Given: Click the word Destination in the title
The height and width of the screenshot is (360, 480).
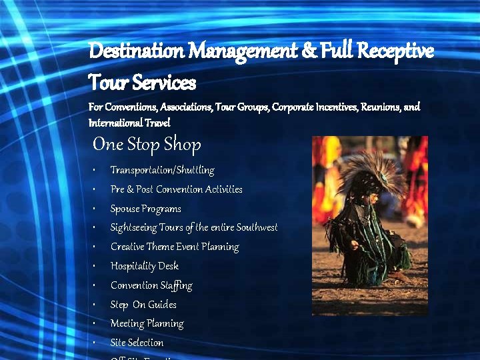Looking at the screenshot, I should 136,51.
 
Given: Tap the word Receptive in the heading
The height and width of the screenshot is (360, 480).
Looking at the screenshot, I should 395,51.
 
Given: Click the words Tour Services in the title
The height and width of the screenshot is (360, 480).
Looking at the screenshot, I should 142,83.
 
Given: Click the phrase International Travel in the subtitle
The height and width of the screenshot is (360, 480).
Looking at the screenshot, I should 129,123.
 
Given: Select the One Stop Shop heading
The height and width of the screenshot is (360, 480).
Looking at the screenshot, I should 147,144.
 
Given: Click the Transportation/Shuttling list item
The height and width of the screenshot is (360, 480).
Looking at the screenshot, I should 162,170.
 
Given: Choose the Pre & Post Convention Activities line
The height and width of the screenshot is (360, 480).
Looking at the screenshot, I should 176,189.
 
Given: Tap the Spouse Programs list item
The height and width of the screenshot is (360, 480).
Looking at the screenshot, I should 145,209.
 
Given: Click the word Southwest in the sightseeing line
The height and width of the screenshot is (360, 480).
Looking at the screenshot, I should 253,227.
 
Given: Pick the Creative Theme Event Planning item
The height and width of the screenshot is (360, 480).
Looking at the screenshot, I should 174,247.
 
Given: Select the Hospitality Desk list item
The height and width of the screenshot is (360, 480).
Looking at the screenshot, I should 144,266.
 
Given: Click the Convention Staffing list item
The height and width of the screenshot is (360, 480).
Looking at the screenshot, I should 151,285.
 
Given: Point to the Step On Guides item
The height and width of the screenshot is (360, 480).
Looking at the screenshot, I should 143,305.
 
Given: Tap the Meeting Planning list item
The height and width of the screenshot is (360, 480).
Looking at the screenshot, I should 147,323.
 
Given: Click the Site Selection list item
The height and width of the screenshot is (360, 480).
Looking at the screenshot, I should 137,343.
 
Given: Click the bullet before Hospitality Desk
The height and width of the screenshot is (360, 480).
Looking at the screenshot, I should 95,266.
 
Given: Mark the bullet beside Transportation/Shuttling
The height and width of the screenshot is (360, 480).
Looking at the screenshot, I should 95,170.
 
